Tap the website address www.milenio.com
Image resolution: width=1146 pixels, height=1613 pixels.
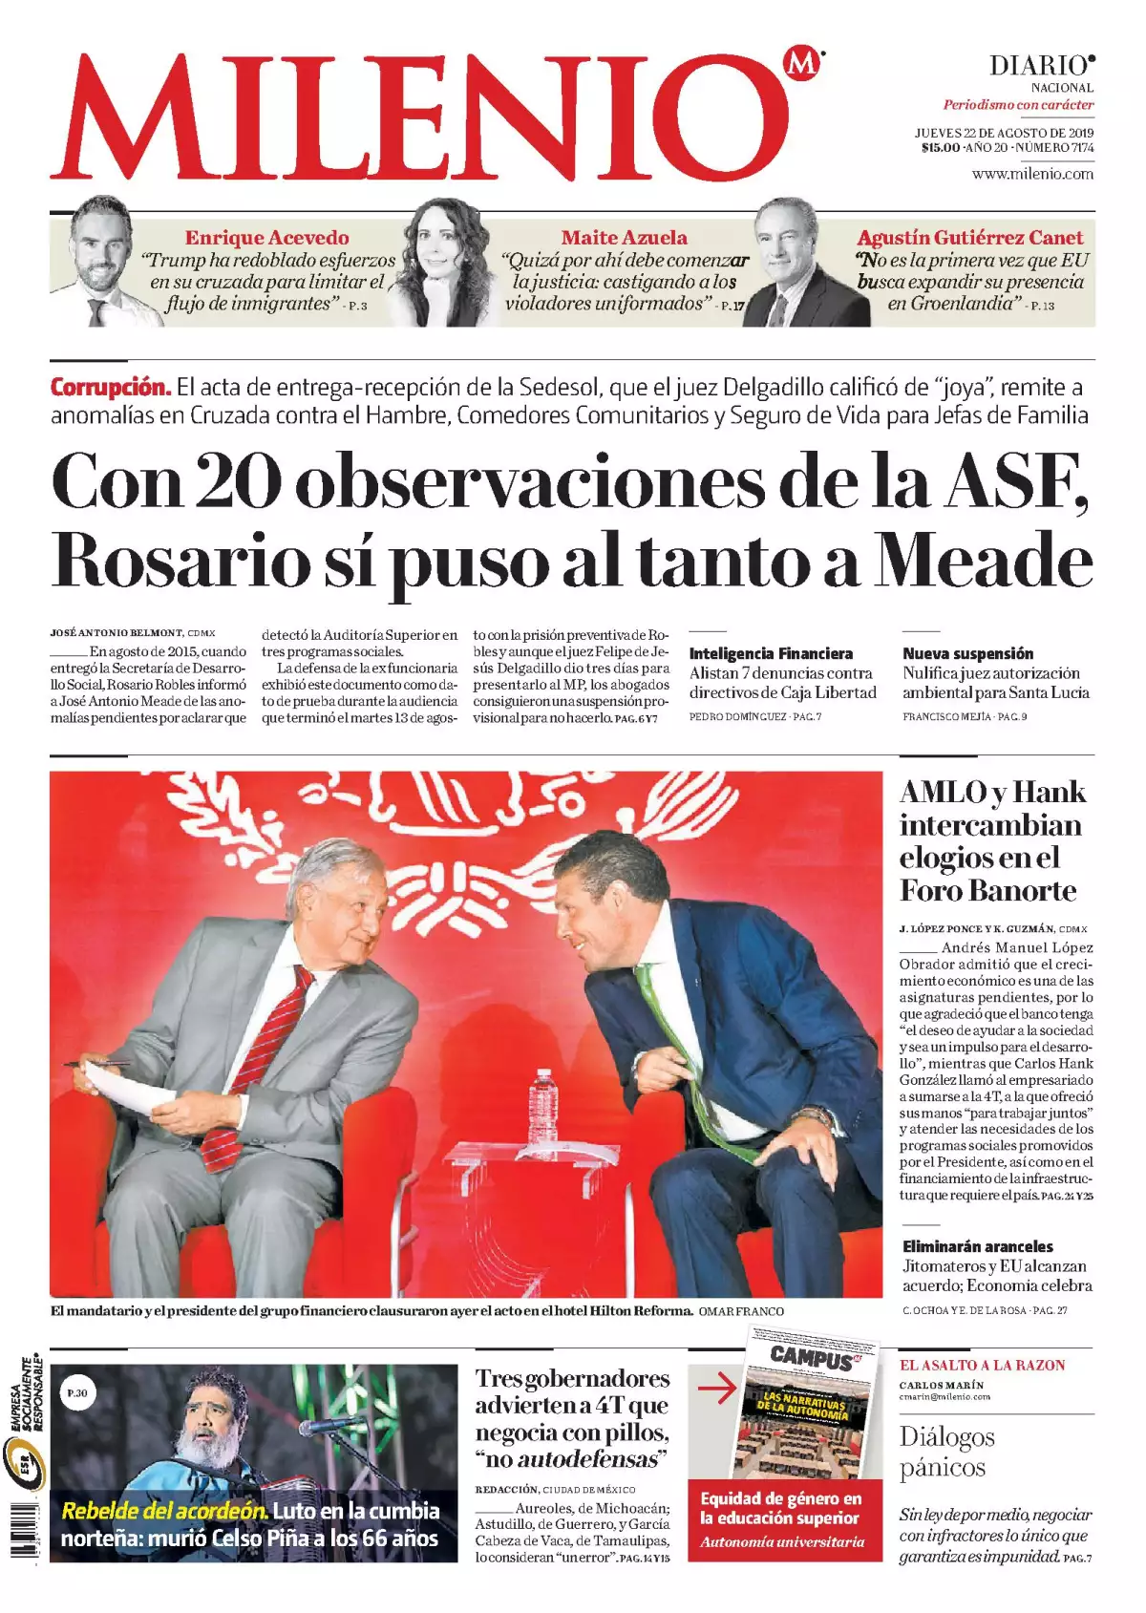[x=1032, y=174]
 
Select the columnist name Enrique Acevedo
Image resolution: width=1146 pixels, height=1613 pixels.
[x=266, y=238]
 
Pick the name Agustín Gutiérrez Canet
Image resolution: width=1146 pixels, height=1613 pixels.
[x=969, y=238]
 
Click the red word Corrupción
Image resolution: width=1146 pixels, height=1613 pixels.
[x=111, y=388]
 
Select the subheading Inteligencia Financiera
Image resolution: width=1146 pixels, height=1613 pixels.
[x=771, y=653]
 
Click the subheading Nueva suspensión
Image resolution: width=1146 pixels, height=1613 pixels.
[x=967, y=653]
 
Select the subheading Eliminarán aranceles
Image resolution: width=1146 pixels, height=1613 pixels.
[x=978, y=1246]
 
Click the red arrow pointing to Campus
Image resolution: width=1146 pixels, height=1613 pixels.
[x=716, y=1389]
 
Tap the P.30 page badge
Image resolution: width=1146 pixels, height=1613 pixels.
[x=77, y=1393]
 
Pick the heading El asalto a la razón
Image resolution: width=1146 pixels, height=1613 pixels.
[x=982, y=1366]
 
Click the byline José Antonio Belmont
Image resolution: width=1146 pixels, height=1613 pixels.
[x=116, y=632]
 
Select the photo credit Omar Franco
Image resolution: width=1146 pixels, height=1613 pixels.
[x=741, y=1311]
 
